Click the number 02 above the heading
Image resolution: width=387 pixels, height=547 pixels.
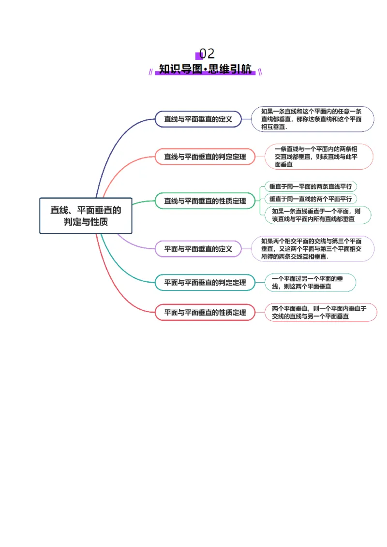tap(207, 54)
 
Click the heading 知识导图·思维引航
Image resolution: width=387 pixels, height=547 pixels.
tap(206, 70)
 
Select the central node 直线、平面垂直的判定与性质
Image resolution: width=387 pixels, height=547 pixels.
tap(86, 216)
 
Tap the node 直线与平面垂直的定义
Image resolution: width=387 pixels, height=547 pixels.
tap(198, 119)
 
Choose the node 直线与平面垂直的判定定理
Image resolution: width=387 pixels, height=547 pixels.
tap(205, 157)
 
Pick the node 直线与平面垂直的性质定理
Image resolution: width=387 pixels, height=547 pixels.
tap(205, 201)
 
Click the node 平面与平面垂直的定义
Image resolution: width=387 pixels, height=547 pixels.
tap(198, 249)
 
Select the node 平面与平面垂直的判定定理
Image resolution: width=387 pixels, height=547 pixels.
tap(205, 282)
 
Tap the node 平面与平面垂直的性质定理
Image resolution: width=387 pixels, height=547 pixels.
tap(205, 312)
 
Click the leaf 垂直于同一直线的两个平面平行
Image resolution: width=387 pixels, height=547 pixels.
tap(310, 199)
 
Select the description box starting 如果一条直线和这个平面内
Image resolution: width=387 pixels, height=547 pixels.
tap(313, 119)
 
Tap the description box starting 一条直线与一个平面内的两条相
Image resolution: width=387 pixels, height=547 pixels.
tap(319, 157)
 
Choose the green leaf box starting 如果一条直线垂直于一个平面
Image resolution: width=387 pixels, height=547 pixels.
tap(315, 215)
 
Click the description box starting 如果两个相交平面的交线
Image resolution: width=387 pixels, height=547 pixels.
tap(313, 249)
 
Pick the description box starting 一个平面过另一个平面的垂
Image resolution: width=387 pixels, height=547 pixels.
tap(310, 282)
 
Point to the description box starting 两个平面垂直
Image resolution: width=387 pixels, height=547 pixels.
tap(320, 312)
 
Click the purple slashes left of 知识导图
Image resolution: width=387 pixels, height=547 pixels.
tap(151, 72)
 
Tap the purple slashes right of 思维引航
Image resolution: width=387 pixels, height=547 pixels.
tap(260, 72)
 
